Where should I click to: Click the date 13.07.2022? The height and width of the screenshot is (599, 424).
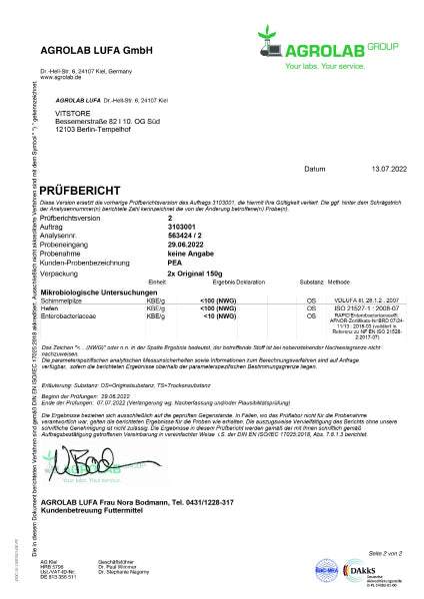(x=368, y=170)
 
